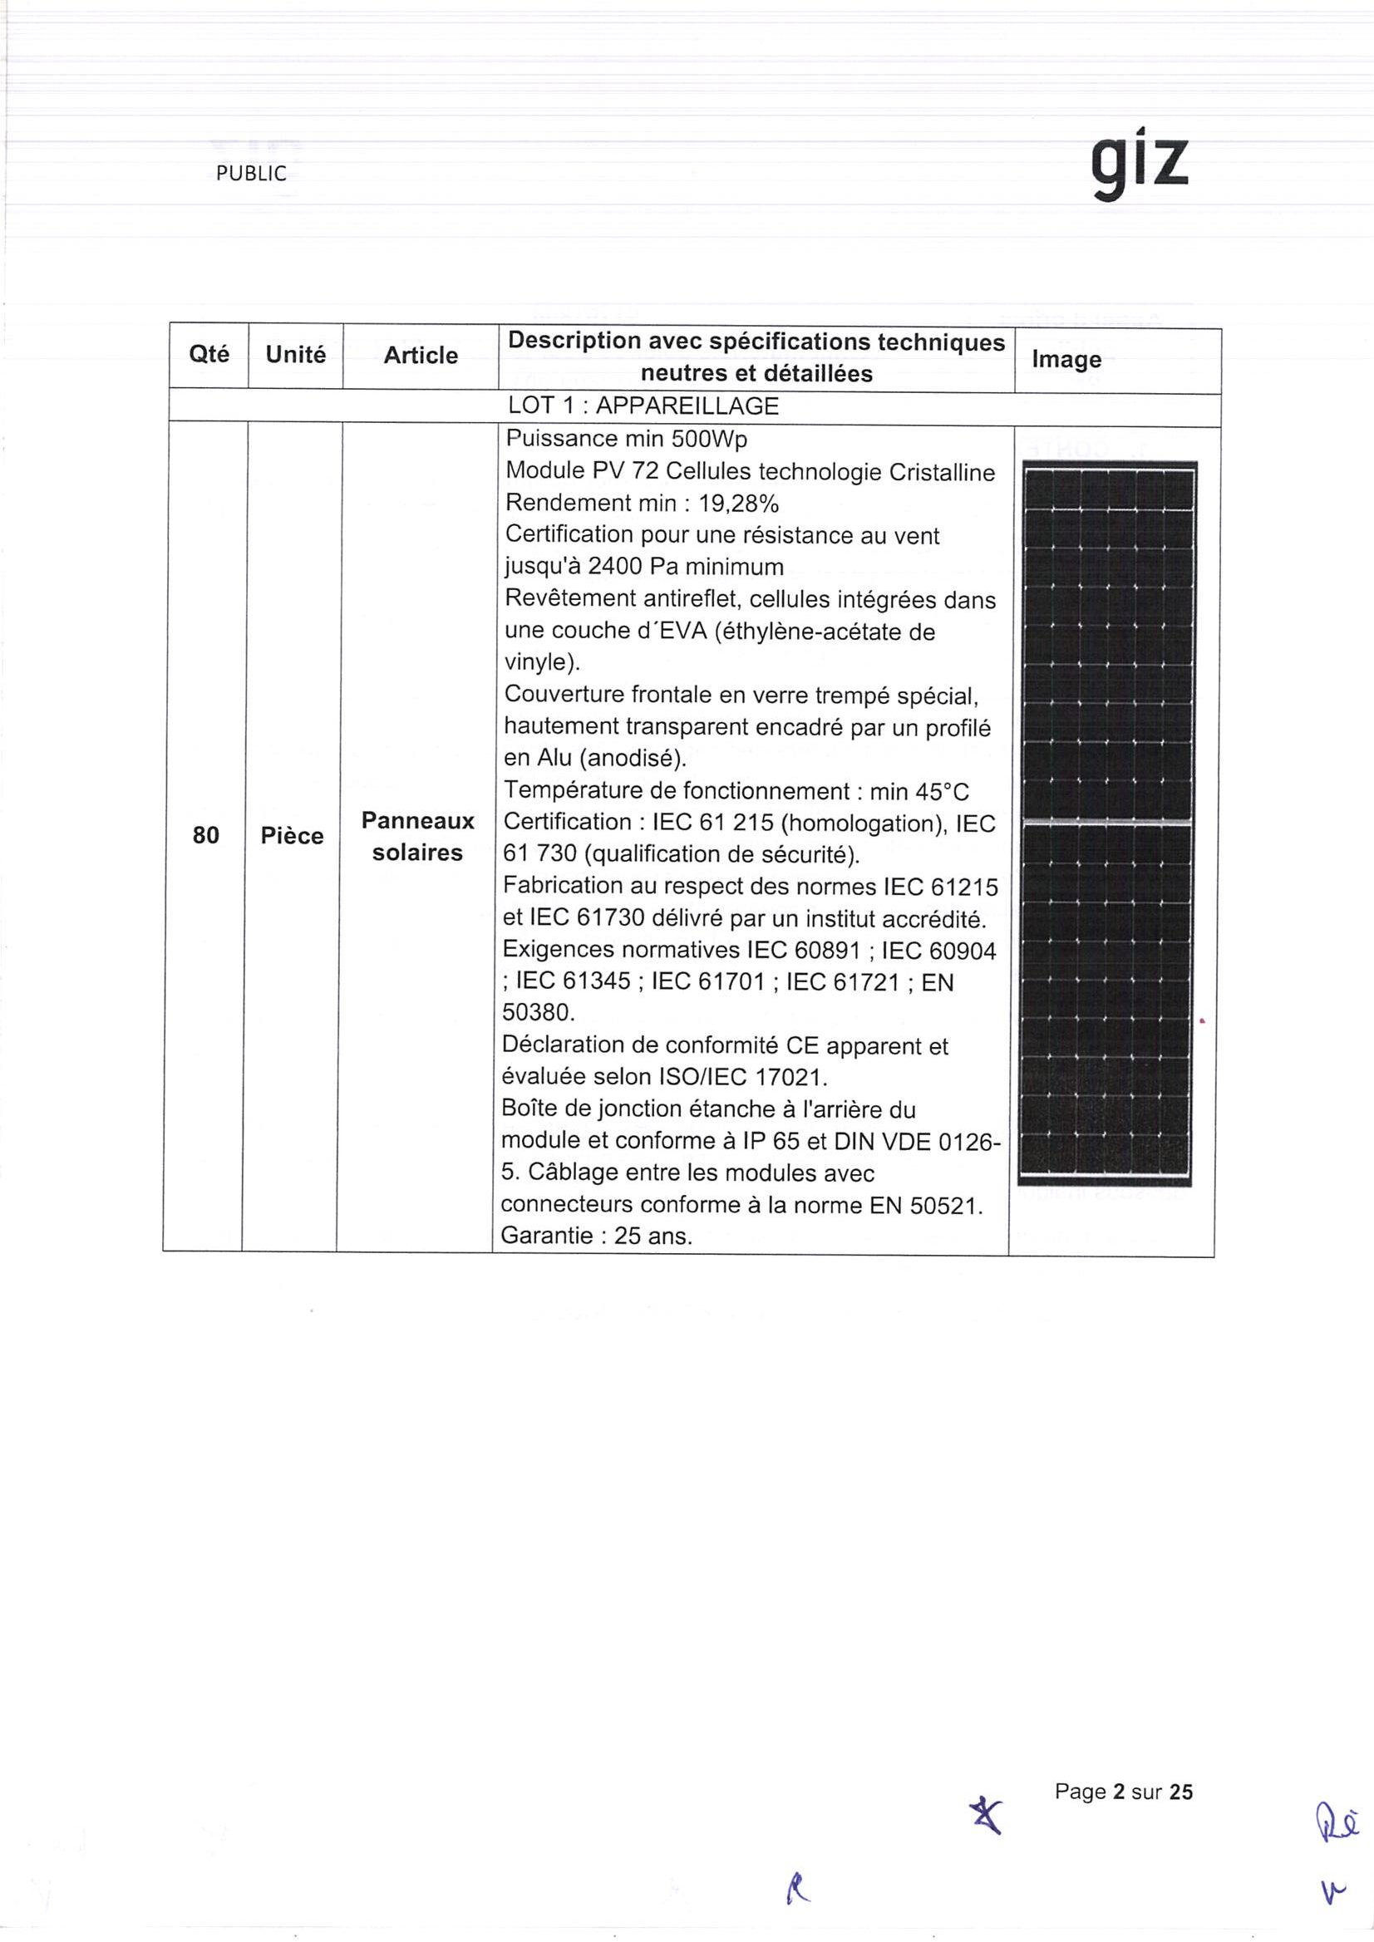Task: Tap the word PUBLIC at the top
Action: click(x=251, y=174)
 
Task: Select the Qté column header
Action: click(x=209, y=353)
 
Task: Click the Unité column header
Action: click(x=295, y=354)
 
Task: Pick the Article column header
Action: click(x=421, y=356)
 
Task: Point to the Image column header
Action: click(x=1066, y=360)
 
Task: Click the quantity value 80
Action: click(x=205, y=835)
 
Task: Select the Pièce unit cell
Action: click(x=292, y=836)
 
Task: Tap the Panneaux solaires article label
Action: click(x=418, y=836)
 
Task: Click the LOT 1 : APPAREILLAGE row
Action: click(x=643, y=406)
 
